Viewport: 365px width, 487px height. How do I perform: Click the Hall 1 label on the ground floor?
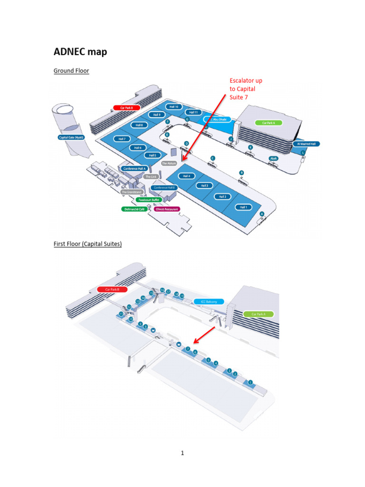pyautogui.click(x=244, y=207)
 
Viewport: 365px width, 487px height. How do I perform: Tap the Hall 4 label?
pyautogui.click(x=187, y=175)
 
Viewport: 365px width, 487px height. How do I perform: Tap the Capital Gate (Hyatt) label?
pyautogui.click(x=70, y=138)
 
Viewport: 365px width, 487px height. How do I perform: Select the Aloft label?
pyautogui.click(x=273, y=158)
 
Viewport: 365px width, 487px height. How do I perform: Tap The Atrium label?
pyautogui.click(x=169, y=163)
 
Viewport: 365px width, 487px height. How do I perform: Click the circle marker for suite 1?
pyautogui.click(x=250, y=382)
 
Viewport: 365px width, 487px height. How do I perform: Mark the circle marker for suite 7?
pyautogui.click(x=188, y=349)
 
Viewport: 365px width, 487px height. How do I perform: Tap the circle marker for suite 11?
pyautogui.click(x=121, y=314)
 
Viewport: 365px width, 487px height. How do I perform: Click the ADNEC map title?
pyautogui.click(x=80, y=51)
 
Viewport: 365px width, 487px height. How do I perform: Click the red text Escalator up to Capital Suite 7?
pyautogui.click(x=246, y=89)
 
